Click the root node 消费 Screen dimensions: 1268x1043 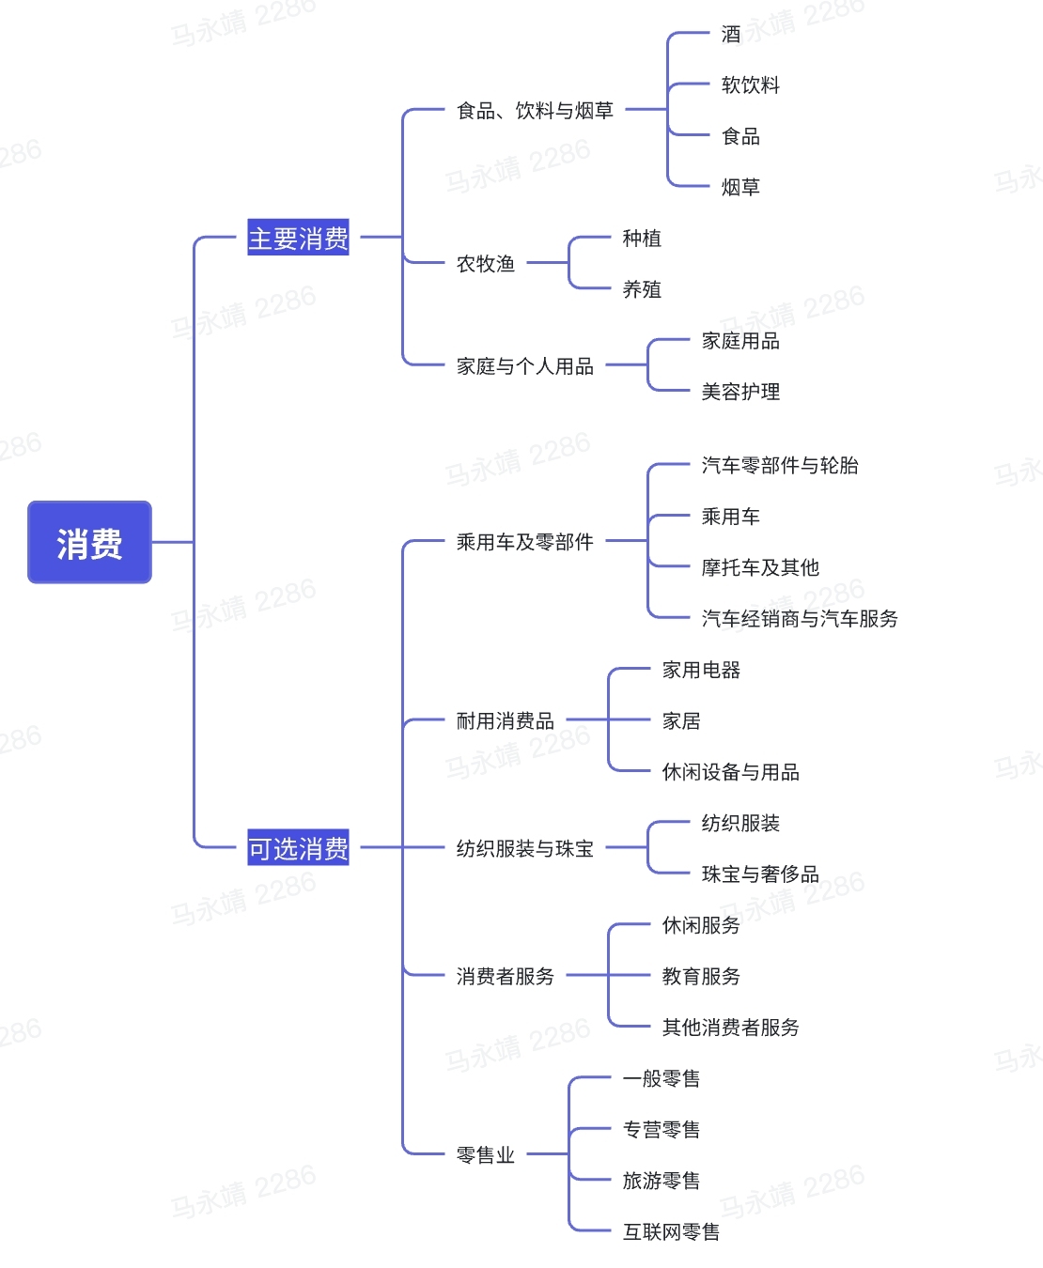click(x=89, y=542)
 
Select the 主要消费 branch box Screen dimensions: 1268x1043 click(x=298, y=238)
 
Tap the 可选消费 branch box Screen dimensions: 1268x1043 click(x=298, y=848)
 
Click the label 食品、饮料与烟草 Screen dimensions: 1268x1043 click(x=535, y=111)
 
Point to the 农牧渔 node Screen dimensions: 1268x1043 click(x=486, y=264)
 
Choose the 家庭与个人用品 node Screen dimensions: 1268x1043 click(x=525, y=366)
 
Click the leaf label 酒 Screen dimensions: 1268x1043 click(x=731, y=35)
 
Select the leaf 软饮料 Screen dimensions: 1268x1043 click(x=751, y=85)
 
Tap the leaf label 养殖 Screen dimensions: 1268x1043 click(x=642, y=289)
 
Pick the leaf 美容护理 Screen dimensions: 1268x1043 click(x=740, y=392)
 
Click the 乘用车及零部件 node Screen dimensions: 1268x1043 click(x=525, y=542)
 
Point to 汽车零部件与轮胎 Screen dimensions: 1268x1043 click(x=780, y=466)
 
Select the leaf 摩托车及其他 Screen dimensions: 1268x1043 click(x=760, y=567)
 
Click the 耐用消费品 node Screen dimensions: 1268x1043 click(x=506, y=721)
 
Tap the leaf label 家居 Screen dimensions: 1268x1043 click(x=681, y=721)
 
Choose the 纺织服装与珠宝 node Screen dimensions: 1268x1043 click(x=525, y=849)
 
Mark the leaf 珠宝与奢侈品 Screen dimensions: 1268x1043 click(x=760, y=874)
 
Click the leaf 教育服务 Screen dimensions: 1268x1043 click(x=701, y=977)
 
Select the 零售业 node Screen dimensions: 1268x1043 click(x=486, y=1155)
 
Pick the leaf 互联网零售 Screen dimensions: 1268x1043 click(x=671, y=1231)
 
